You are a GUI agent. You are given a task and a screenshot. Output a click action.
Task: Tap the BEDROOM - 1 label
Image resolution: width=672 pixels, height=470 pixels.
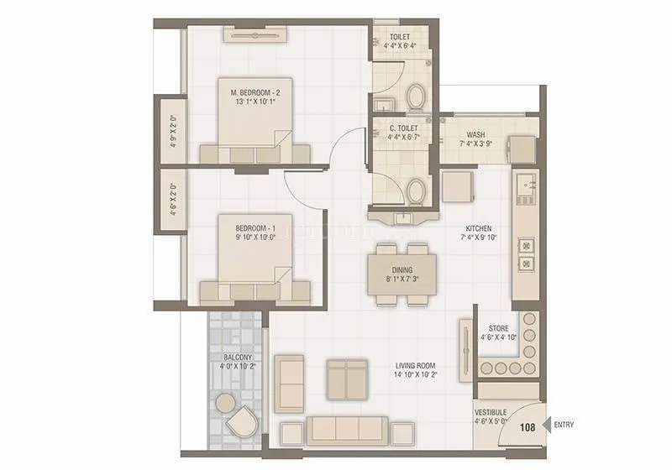tap(255, 228)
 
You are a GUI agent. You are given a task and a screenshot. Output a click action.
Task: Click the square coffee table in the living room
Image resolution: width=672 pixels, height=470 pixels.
tap(347, 380)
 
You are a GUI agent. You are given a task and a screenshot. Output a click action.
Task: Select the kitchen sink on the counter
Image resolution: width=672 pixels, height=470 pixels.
tap(526, 184)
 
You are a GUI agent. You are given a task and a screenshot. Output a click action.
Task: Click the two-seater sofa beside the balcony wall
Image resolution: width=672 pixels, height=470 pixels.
tap(291, 384)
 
